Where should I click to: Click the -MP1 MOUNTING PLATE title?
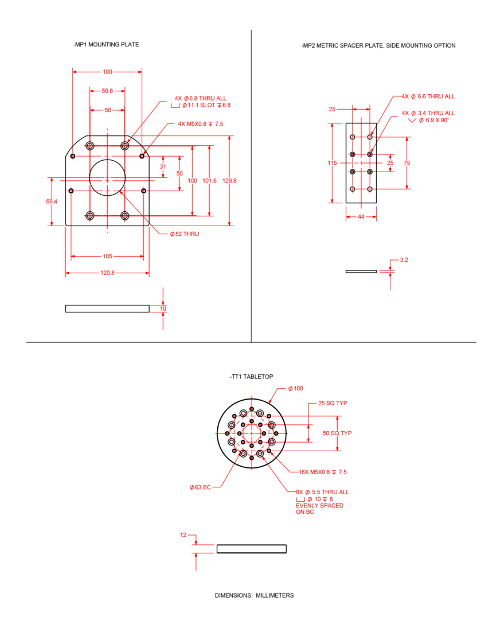click(106, 45)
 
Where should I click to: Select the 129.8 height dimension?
click(229, 181)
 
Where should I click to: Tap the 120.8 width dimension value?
click(107, 273)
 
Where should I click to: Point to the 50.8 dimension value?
click(107, 91)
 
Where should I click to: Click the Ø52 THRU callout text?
click(185, 234)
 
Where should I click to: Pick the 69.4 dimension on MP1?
click(52, 201)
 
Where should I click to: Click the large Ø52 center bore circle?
click(107, 177)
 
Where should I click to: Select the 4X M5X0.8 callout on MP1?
click(200, 124)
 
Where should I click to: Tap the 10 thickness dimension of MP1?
click(163, 308)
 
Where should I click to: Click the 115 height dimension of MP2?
click(332, 163)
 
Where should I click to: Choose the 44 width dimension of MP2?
click(361, 216)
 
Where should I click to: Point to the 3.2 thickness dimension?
click(404, 260)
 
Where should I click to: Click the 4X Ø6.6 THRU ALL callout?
click(428, 96)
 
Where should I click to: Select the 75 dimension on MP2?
click(407, 163)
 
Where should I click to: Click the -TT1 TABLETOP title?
click(251, 377)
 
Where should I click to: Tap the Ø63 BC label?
click(200, 487)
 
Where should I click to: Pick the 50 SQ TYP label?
click(337, 433)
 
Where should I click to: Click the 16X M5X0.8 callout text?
click(323, 472)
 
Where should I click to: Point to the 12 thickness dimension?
click(183, 535)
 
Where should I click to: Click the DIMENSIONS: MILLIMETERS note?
click(255, 595)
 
